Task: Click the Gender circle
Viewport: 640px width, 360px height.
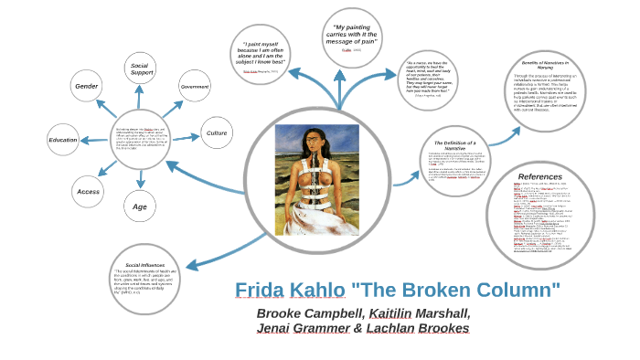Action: click(x=86, y=86)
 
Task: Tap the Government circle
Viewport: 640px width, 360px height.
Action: click(x=194, y=86)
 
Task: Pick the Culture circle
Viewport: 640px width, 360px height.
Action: click(x=217, y=133)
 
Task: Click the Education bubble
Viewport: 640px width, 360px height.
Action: click(x=63, y=140)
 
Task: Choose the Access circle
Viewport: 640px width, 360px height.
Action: click(x=89, y=191)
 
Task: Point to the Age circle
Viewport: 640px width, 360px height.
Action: click(x=140, y=206)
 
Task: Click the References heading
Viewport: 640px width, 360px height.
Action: click(x=540, y=176)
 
